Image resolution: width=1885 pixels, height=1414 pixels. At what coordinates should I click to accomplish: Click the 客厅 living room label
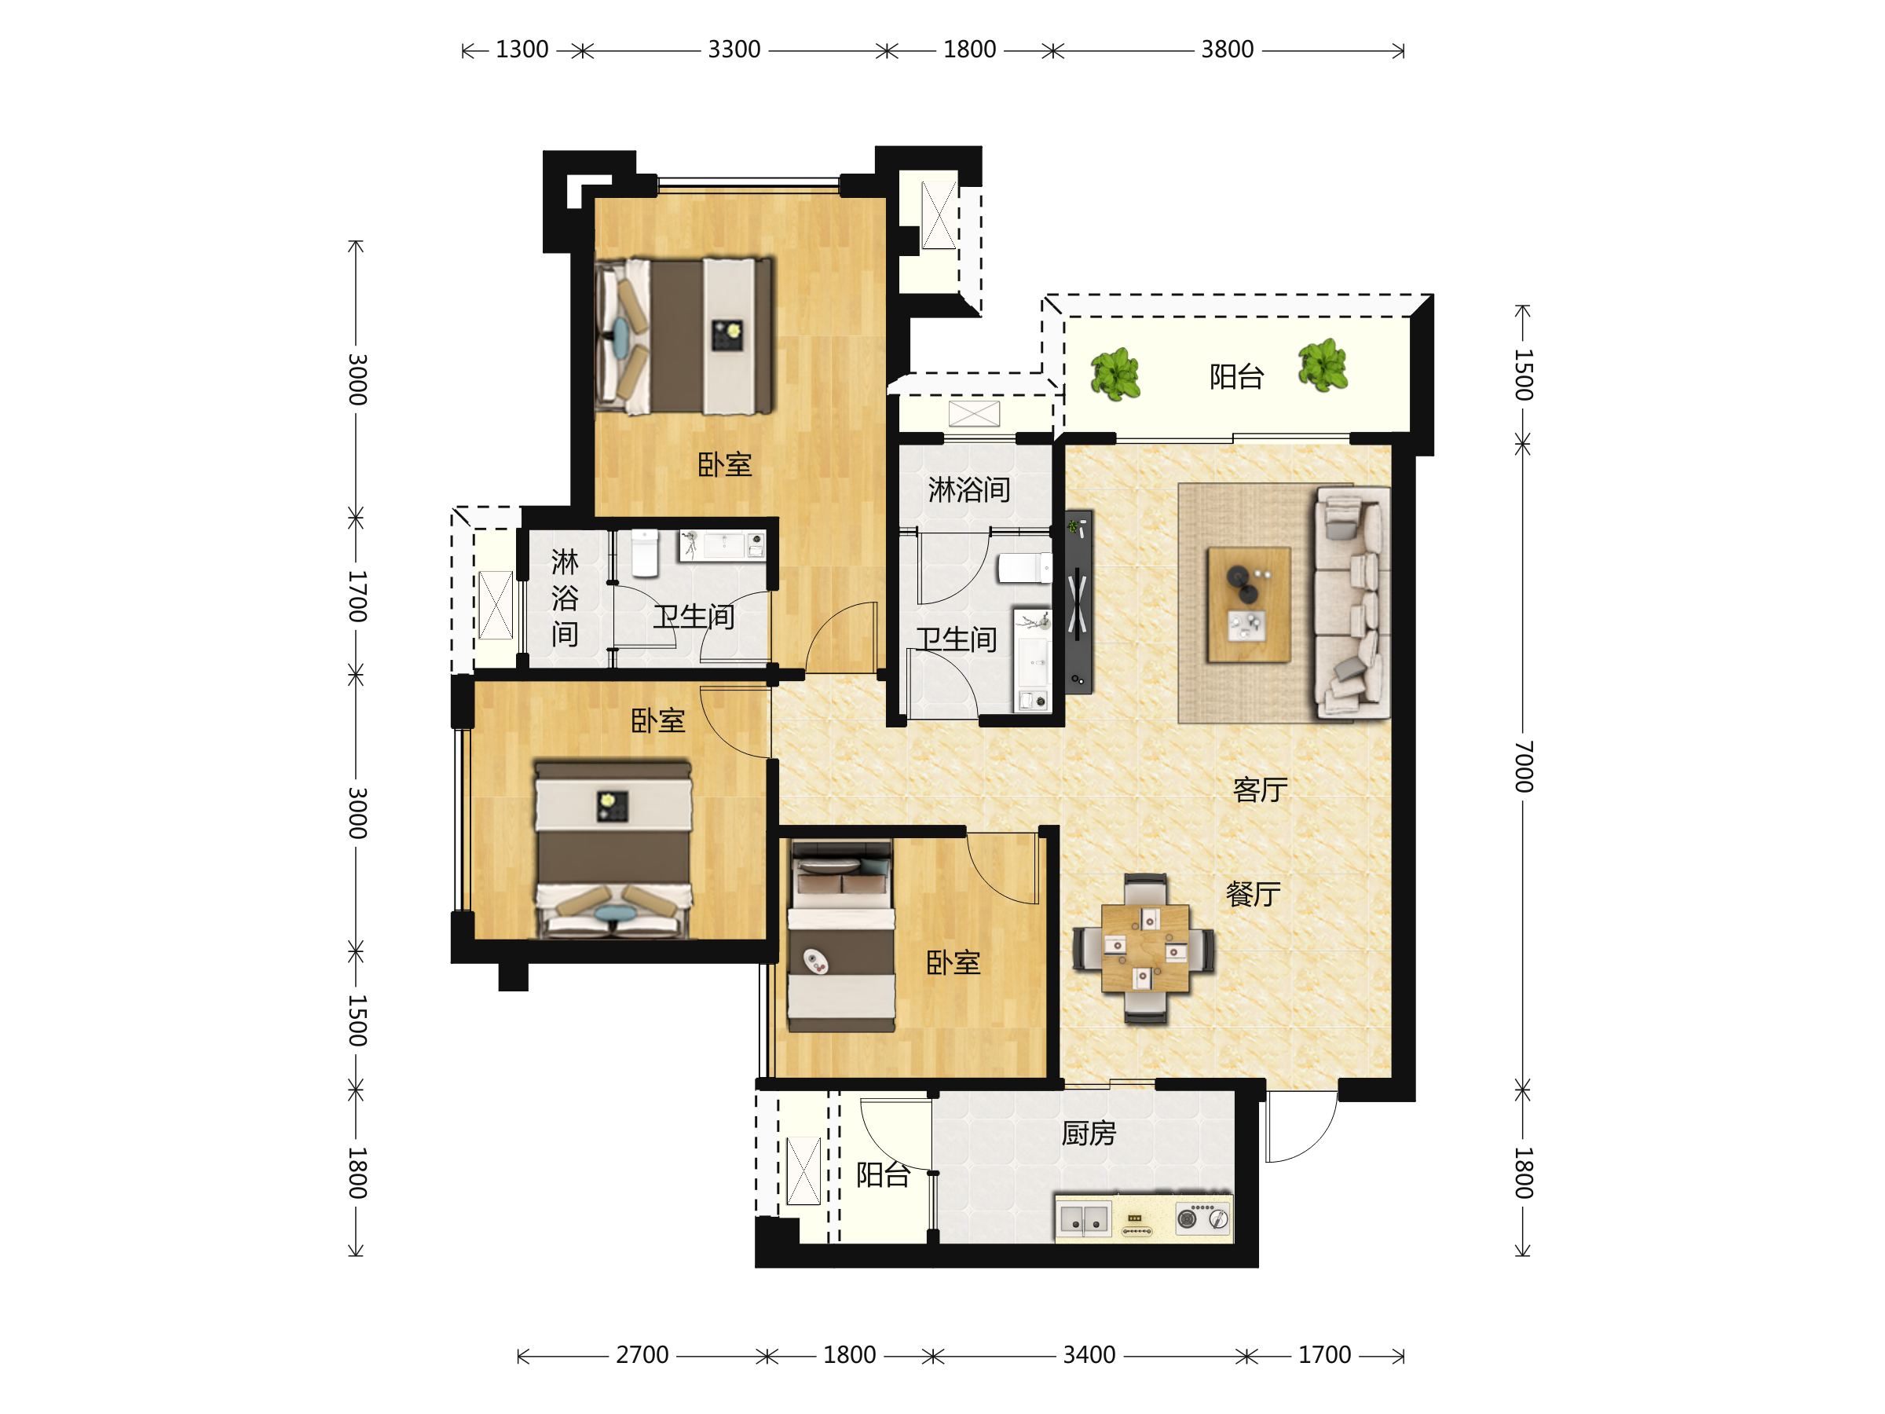click(1260, 790)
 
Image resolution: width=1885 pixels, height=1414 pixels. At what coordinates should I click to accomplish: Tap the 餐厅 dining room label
click(1253, 894)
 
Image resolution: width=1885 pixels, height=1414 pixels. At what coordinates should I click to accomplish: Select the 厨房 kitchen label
click(1089, 1134)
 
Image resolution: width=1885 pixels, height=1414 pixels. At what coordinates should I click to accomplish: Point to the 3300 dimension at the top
click(734, 49)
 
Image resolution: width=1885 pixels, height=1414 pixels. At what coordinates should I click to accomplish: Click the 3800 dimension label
click(1227, 49)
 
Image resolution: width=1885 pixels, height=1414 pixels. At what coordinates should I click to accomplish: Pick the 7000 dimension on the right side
click(1524, 766)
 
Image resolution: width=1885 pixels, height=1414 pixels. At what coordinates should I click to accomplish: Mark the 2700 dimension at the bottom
click(642, 1354)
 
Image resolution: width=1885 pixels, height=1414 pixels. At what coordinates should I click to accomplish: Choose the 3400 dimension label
click(1089, 1354)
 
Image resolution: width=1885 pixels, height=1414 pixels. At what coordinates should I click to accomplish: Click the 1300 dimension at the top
click(522, 49)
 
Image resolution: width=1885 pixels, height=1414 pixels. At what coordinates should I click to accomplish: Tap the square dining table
click(1144, 949)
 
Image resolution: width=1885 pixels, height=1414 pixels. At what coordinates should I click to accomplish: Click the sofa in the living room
click(1352, 602)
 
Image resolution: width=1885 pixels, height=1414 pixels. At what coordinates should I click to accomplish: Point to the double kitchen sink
click(1084, 1219)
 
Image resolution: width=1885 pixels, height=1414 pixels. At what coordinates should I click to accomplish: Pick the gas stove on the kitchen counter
click(1203, 1218)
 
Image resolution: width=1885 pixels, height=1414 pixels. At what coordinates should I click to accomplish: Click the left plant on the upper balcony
click(1115, 374)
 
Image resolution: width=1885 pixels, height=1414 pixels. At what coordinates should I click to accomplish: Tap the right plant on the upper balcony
click(1323, 365)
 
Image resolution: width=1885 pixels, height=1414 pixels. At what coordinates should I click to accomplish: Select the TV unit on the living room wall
click(1078, 602)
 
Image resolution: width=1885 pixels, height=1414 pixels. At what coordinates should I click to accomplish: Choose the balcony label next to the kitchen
click(883, 1174)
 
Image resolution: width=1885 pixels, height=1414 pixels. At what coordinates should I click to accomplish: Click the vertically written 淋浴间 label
click(564, 598)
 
